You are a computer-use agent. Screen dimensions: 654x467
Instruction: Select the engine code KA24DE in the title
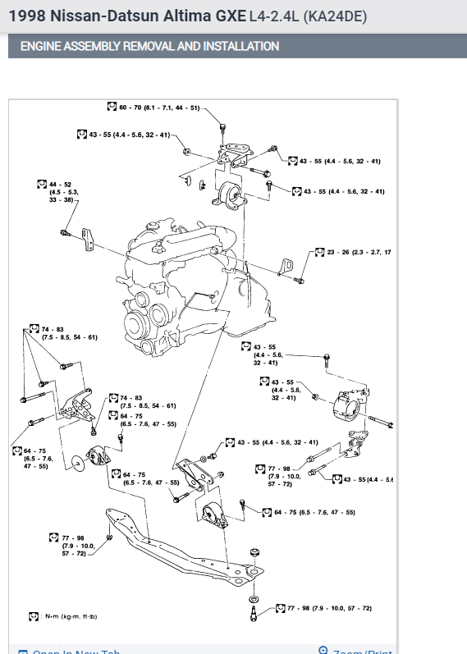[336, 16]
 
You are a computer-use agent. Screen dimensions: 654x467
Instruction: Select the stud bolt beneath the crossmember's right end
[254, 609]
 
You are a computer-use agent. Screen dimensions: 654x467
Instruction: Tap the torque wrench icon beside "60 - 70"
[112, 107]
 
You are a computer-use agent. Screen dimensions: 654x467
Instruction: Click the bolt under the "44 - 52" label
[65, 233]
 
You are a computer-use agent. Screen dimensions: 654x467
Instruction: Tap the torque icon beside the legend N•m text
[34, 615]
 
